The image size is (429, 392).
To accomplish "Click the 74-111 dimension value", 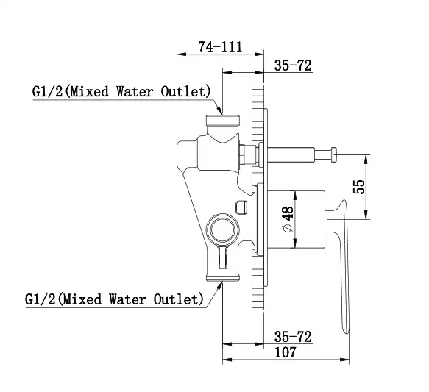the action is (x=220, y=47).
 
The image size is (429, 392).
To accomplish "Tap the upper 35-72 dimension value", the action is (x=293, y=65).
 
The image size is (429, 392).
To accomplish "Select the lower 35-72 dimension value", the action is (x=293, y=337).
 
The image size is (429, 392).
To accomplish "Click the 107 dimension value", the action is (x=286, y=352).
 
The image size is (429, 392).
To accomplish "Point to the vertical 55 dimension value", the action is (x=359, y=187).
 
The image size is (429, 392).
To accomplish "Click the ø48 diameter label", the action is (x=288, y=219).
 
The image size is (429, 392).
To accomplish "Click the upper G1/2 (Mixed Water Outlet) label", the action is (x=121, y=92).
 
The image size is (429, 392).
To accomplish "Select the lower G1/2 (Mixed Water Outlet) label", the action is (x=114, y=299).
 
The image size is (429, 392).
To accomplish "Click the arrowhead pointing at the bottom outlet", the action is (x=219, y=287).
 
